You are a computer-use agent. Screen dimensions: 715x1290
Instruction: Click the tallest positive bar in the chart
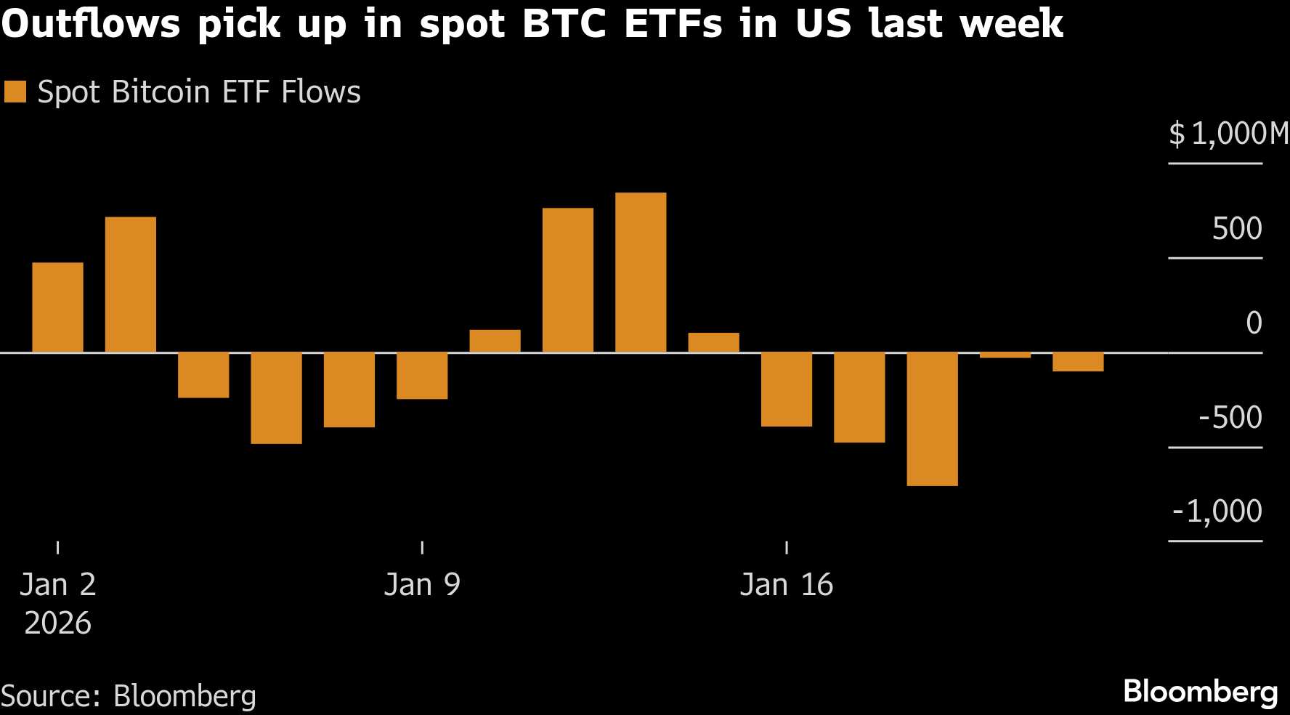(x=641, y=272)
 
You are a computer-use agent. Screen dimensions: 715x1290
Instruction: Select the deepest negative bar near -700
(x=932, y=419)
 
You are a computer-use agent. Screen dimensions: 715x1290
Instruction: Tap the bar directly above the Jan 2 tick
(x=58, y=307)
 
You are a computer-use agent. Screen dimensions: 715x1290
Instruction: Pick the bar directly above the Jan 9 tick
(x=422, y=376)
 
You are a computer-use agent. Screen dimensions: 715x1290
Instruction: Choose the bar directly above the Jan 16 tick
(x=787, y=389)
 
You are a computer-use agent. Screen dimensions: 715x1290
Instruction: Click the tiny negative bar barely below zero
(x=1005, y=355)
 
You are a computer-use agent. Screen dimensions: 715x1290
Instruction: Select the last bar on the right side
(x=1078, y=362)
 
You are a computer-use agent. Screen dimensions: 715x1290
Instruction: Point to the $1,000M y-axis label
(x=1228, y=134)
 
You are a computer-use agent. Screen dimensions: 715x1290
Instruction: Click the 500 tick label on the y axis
(x=1237, y=229)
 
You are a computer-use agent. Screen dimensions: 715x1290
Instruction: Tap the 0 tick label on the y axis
(x=1254, y=323)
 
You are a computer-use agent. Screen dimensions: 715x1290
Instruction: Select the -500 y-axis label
(x=1230, y=418)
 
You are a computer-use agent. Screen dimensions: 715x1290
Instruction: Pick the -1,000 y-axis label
(x=1217, y=512)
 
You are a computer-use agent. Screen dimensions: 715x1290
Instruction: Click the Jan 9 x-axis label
(x=422, y=585)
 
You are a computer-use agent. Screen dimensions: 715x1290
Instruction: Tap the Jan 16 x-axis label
(x=787, y=585)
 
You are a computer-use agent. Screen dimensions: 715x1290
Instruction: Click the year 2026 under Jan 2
(x=58, y=623)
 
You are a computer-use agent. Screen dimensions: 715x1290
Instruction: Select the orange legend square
(x=15, y=92)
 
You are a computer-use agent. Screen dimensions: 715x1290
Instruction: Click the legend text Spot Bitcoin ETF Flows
(x=199, y=92)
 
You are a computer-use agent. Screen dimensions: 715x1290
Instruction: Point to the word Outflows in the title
(x=90, y=23)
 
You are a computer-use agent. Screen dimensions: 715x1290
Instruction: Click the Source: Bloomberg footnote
(x=129, y=696)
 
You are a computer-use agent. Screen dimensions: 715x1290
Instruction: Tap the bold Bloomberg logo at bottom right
(x=1200, y=692)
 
